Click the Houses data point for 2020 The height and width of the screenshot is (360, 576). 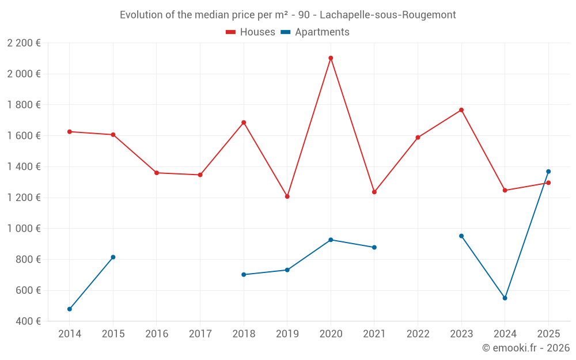[331, 58]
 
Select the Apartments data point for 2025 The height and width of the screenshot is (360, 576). [548, 172]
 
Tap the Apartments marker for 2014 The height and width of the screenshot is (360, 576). [70, 309]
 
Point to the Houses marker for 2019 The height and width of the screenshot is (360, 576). [287, 196]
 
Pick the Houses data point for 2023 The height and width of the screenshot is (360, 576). [461, 110]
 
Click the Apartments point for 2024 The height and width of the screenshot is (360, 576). [505, 298]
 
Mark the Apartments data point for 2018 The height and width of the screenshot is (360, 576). [244, 275]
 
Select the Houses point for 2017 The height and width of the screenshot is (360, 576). [200, 175]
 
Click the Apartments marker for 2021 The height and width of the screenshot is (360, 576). [374, 248]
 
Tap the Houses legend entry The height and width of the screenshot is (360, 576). [251, 32]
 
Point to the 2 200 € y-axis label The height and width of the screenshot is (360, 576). [24, 43]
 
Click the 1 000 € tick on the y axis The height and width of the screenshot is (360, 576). [24, 229]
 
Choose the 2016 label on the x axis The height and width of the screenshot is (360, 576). [157, 334]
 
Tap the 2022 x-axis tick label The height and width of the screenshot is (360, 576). [418, 334]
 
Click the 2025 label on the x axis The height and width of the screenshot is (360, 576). [548, 334]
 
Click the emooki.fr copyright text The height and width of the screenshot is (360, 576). [525, 348]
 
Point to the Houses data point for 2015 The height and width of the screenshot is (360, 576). [113, 135]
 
